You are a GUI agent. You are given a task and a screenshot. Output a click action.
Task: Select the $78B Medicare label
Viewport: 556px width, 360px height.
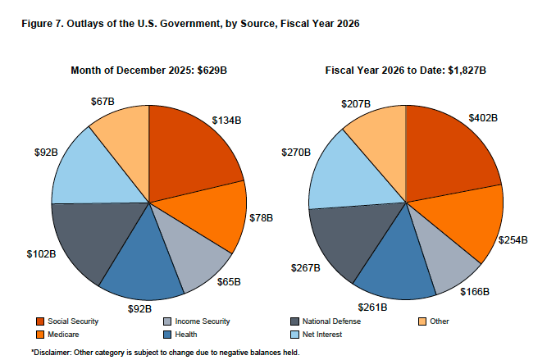click(x=262, y=219)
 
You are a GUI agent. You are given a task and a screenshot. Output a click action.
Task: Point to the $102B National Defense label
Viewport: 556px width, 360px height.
click(x=41, y=253)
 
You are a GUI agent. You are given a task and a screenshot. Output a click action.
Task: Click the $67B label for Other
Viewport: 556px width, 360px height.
click(x=103, y=102)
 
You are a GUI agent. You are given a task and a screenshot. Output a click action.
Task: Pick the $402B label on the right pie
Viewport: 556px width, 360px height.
click(x=484, y=117)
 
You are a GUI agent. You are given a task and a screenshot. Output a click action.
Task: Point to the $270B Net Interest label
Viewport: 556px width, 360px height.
click(x=295, y=153)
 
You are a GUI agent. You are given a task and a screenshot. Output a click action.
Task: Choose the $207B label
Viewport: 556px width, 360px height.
click(x=356, y=104)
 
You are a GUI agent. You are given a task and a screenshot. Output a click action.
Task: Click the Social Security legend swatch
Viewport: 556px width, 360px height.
click(x=40, y=321)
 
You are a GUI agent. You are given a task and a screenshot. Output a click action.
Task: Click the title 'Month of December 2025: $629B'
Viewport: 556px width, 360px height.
click(x=148, y=71)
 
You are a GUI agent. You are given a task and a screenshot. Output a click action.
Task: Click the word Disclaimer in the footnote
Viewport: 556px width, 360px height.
click(x=58, y=352)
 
